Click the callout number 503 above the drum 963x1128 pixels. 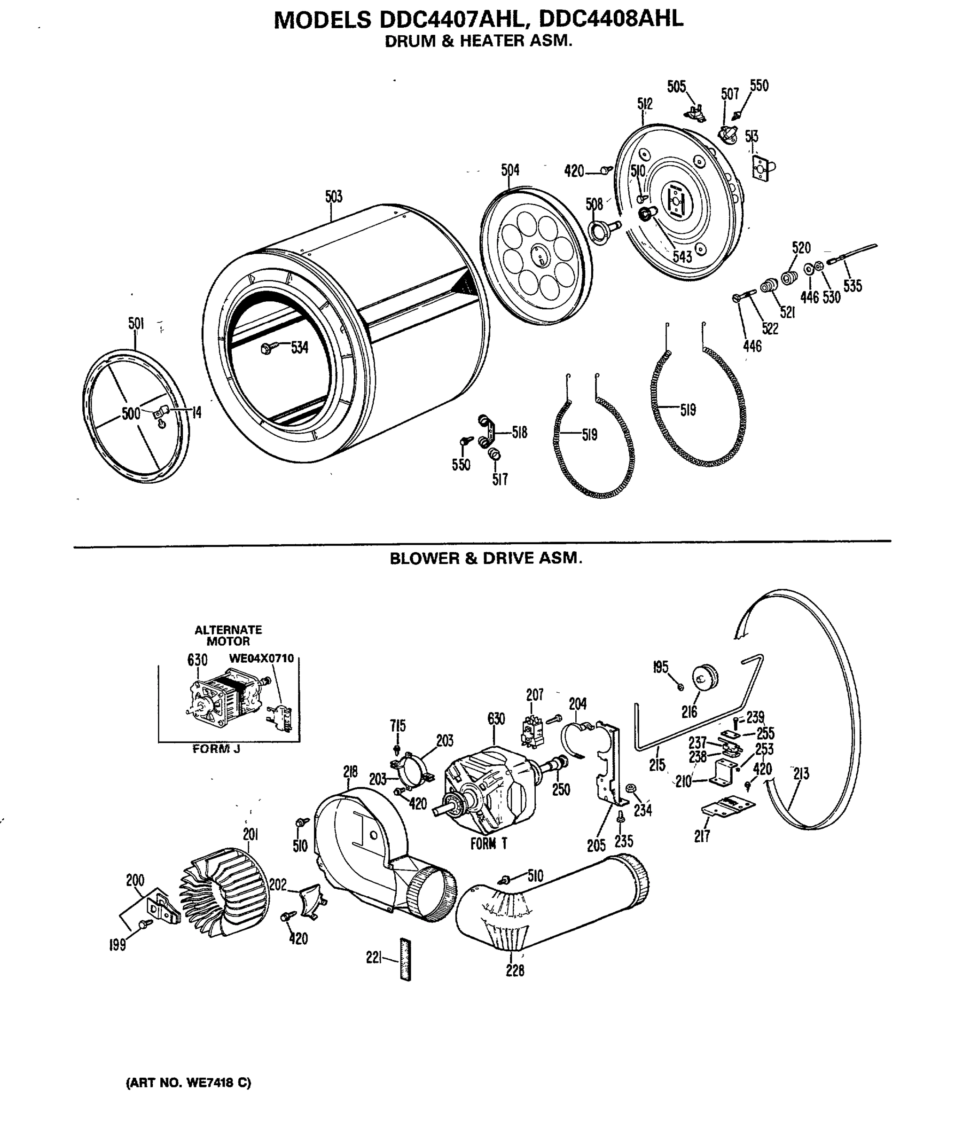334,196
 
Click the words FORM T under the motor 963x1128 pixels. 489,844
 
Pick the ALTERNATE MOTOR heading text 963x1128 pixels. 228,635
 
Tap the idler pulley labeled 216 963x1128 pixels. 705,678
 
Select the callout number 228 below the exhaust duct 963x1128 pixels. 515,971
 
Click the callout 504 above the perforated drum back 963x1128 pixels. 510,171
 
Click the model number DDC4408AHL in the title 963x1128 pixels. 611,20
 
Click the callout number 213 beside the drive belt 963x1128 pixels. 801,774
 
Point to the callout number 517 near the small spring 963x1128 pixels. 500,479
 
